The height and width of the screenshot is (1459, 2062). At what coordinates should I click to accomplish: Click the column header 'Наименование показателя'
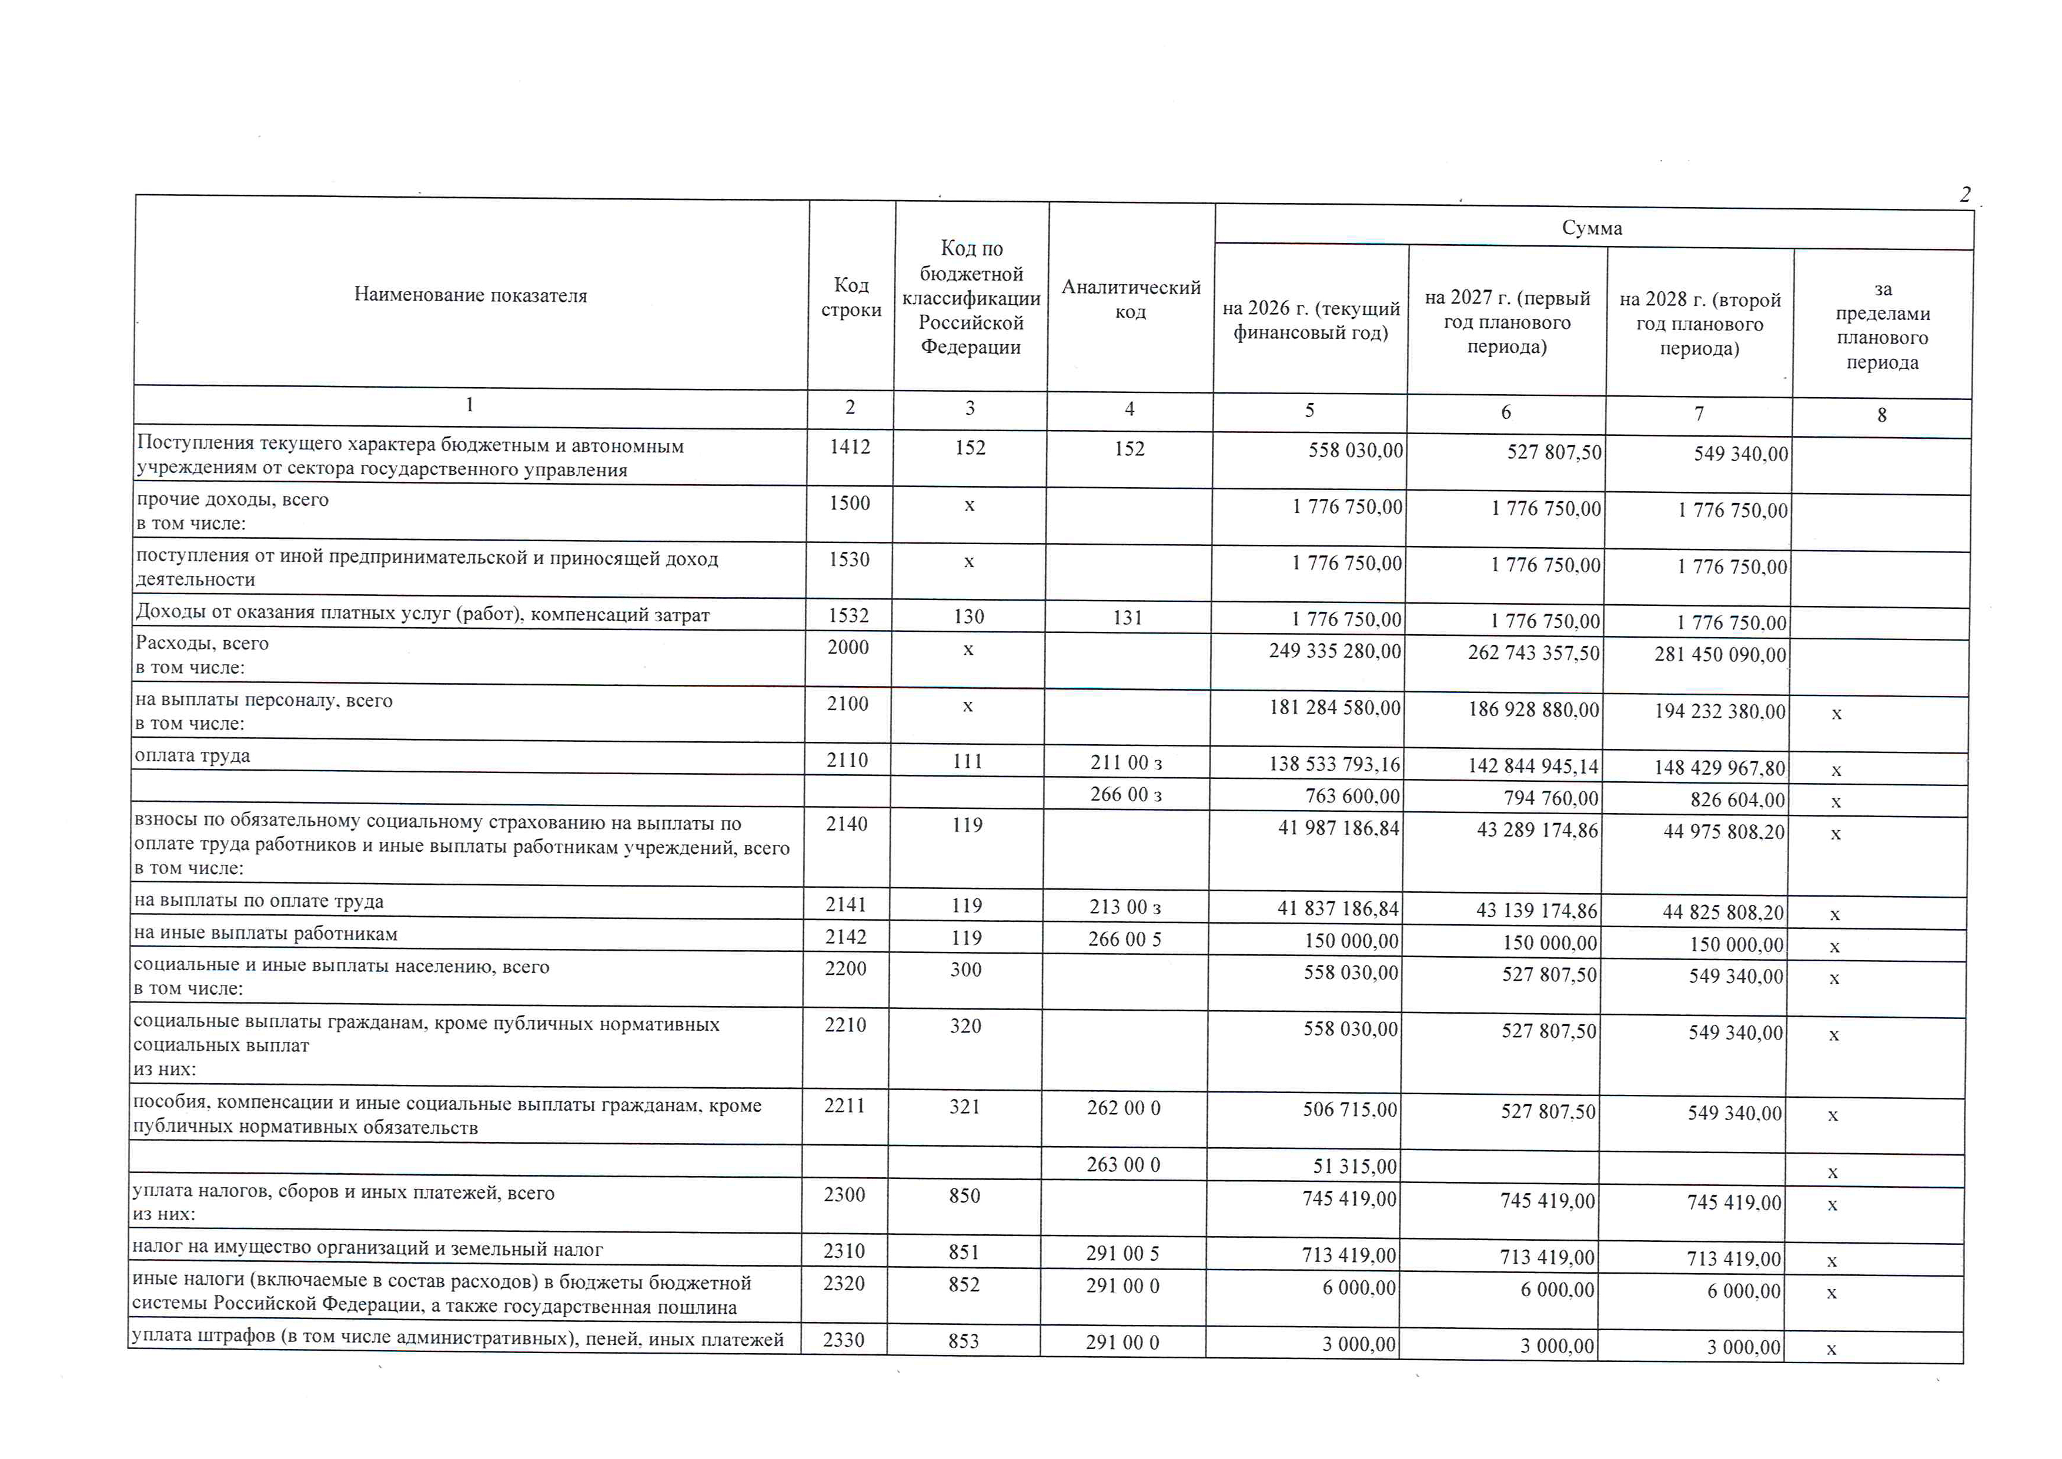[470, 295]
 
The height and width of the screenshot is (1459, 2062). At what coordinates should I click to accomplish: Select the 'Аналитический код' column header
[1130, 299]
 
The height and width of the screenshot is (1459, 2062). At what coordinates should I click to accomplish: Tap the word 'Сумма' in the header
[1592, 228]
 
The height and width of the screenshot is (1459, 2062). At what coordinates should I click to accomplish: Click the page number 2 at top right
[1965, 195]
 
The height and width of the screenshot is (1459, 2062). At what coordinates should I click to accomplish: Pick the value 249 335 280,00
[1335, 651]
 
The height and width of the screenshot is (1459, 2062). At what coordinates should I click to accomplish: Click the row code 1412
[850, 447]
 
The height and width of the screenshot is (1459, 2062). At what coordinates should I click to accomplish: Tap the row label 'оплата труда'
[192, 755]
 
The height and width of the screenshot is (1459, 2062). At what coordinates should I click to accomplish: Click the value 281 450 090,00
[1720, 655]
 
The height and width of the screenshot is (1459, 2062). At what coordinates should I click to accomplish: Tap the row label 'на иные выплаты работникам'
[265, 934]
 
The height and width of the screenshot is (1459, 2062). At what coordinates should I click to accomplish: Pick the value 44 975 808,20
[1723, 832]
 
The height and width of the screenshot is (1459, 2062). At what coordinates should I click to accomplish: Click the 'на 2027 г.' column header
[1506, 322]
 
